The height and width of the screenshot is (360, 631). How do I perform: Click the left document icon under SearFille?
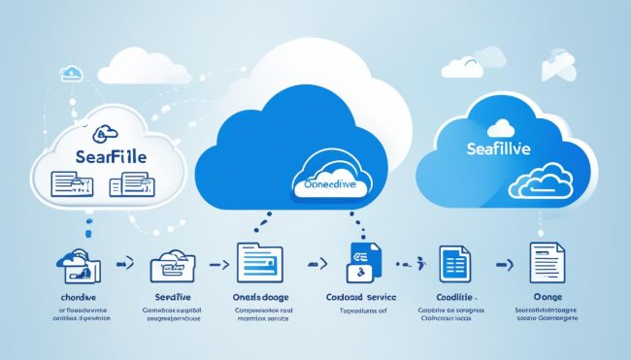65,182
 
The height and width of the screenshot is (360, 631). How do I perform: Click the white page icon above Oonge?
547,263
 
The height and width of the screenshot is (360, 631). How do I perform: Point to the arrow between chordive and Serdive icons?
123,262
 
